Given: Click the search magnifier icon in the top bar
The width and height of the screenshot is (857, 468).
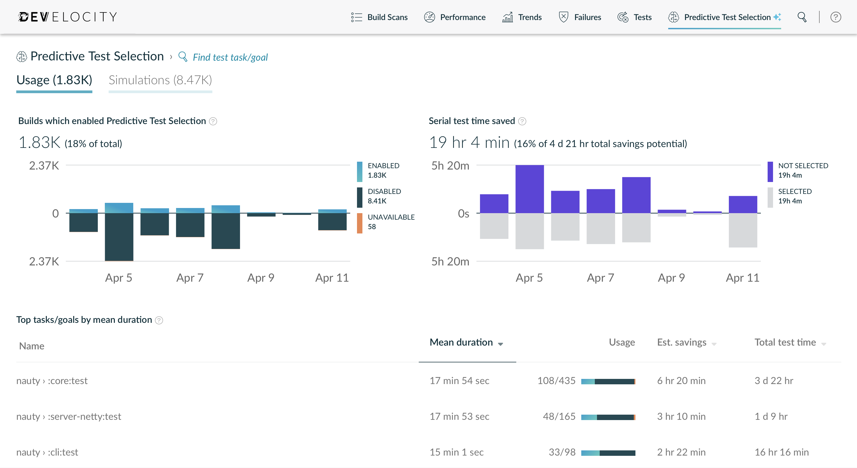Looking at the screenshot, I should click(x=802, y=17).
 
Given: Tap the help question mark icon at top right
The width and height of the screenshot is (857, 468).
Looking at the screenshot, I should click(x=835, y=17).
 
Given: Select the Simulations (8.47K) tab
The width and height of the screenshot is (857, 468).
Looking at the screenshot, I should click(x=160, y=80).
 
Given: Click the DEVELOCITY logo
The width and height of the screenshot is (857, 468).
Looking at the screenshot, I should click(x=67, y=17).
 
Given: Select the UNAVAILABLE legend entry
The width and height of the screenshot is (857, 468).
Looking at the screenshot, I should click(x=391, y=222).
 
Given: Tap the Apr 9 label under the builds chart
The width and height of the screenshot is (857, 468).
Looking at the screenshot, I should click(x=261, y=278).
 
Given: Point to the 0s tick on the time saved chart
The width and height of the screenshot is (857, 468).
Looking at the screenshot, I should click(x=463, y=213).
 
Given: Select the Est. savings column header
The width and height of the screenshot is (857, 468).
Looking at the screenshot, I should click(x=682, y=343).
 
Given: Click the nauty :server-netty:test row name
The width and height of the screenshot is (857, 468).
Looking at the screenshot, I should click(x=69, y=417).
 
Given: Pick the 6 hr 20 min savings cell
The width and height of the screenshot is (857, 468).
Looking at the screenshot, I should click(x=681, y=381).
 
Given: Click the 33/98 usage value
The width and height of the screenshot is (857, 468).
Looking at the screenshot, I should click(x=562, y=452).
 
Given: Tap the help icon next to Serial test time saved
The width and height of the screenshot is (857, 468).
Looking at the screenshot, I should click(x=522, y=121).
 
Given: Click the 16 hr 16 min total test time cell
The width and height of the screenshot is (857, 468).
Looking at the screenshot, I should click(x=781, y=452).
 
